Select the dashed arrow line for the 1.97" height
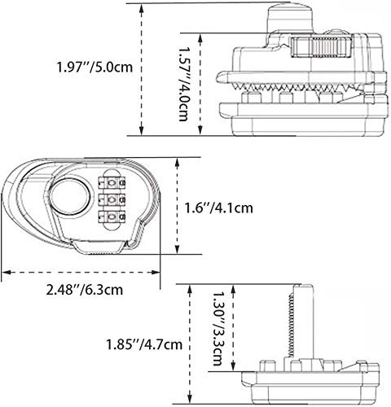[144, 69]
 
